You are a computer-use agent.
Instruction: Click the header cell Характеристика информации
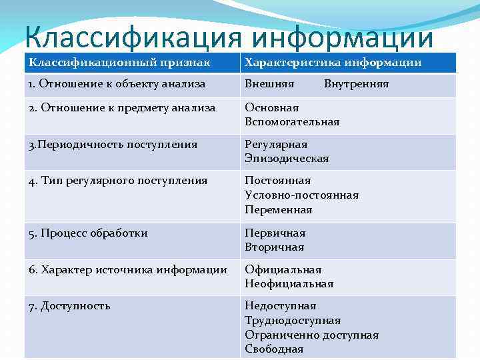click(x=333, y=62)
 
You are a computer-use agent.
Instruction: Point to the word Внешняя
click(x=269, y=84)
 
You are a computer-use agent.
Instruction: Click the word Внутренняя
click(x=356, y=84)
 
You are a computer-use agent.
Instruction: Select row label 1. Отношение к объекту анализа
click(x=117, y=84)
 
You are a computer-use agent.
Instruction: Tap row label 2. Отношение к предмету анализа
click(x=122, y=107)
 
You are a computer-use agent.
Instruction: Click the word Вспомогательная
click(x=292, y=122)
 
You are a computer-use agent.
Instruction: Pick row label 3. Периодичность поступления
click(x=113, y=144)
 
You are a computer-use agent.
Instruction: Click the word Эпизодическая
click(x=287, y=159)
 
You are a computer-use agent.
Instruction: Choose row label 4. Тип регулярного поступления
click(x=118, y=181)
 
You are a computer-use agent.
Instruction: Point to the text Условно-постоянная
click(x=301, y=195)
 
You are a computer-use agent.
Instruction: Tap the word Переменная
click(x=278, y=210)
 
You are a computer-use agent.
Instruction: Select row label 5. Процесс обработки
click(x=88, y=233)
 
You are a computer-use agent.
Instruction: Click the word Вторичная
click(x=274, y=247)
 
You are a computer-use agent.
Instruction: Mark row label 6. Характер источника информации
click(x=128, y=269)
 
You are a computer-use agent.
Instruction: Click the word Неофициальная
click(x=289, y=284)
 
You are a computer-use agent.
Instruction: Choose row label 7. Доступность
click(x=69, y=306)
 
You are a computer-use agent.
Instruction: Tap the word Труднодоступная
click(x=293, y=321)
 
